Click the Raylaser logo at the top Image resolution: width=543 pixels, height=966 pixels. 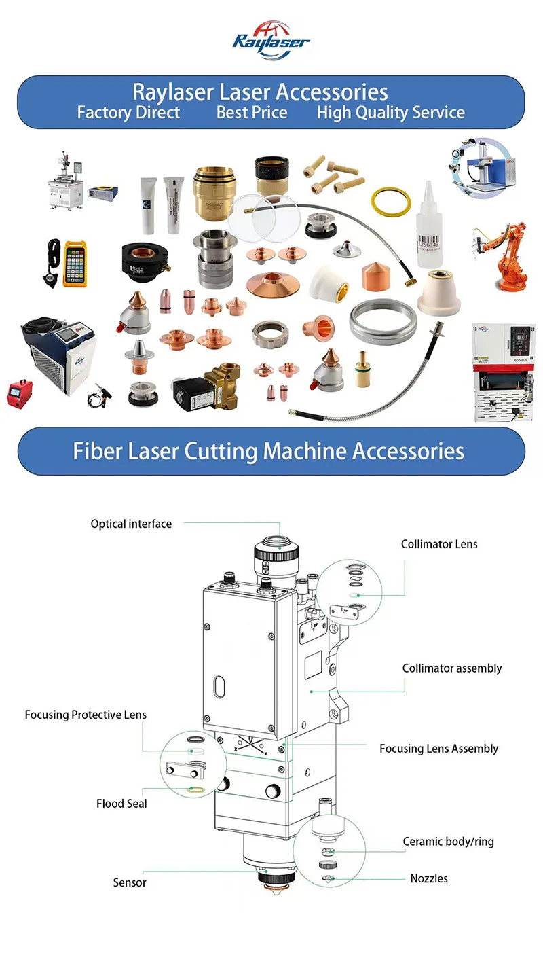pos(271,40)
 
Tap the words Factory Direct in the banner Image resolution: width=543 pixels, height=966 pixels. pos(128,112)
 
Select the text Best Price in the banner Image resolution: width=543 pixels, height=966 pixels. pos(252,112)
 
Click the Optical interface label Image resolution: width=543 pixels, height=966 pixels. pos(131,524)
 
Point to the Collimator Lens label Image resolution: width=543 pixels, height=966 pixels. pos(439,544)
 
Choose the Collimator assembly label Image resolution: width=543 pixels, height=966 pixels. pos(452,668)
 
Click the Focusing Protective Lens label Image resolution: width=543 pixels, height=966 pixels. pos(86,715)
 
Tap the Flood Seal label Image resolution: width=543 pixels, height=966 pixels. pos(121,804)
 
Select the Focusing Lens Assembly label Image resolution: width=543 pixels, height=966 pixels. pos(438,749)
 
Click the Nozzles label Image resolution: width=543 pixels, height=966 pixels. pos(429,878)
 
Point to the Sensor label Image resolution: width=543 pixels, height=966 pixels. pos(130,882)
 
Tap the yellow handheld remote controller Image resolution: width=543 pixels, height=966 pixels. pos(76,263)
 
